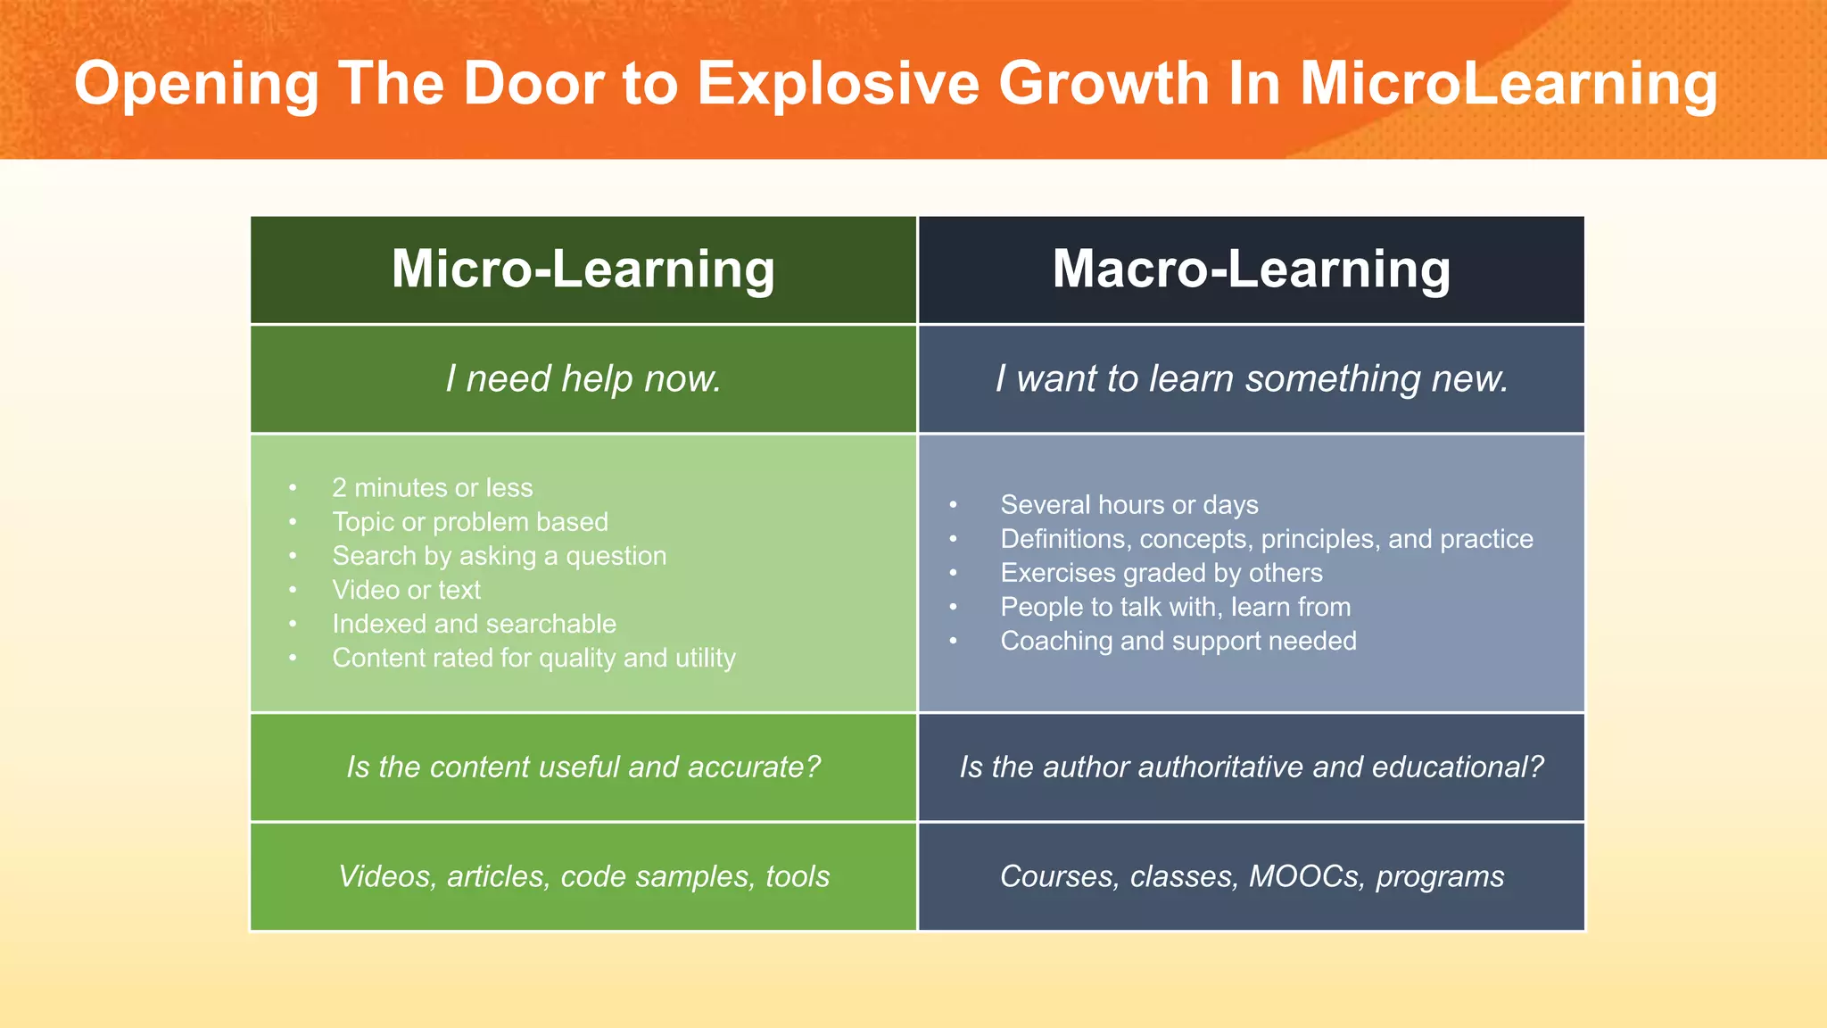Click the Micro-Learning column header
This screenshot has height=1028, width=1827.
point(583,269)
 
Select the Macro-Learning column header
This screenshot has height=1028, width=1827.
point(1251,269)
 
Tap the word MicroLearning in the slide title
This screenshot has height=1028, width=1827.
point(1508,84)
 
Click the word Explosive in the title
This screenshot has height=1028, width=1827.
point(838,84)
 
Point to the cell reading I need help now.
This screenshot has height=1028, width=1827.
point(583,379)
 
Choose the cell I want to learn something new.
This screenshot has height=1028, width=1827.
point(1251,379)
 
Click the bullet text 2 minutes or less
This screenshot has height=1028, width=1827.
point(432,488)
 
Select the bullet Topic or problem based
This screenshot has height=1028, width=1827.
point(470,522)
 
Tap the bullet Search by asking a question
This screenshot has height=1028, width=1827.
point(499,556)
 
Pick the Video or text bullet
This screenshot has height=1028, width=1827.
point(406,590)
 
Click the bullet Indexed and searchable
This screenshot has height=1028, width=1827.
point(474,624)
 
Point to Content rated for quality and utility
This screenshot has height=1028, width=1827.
point(533,658)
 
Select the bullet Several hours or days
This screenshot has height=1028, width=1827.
point(1128,505)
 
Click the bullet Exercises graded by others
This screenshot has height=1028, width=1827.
point(1161,573)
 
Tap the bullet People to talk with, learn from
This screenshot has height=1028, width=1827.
point(1175,607)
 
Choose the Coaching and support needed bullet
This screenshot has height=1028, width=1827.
point(1178,641)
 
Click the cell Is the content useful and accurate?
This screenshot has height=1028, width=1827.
point(583,767)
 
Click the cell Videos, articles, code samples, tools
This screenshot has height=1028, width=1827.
point(583,876)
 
